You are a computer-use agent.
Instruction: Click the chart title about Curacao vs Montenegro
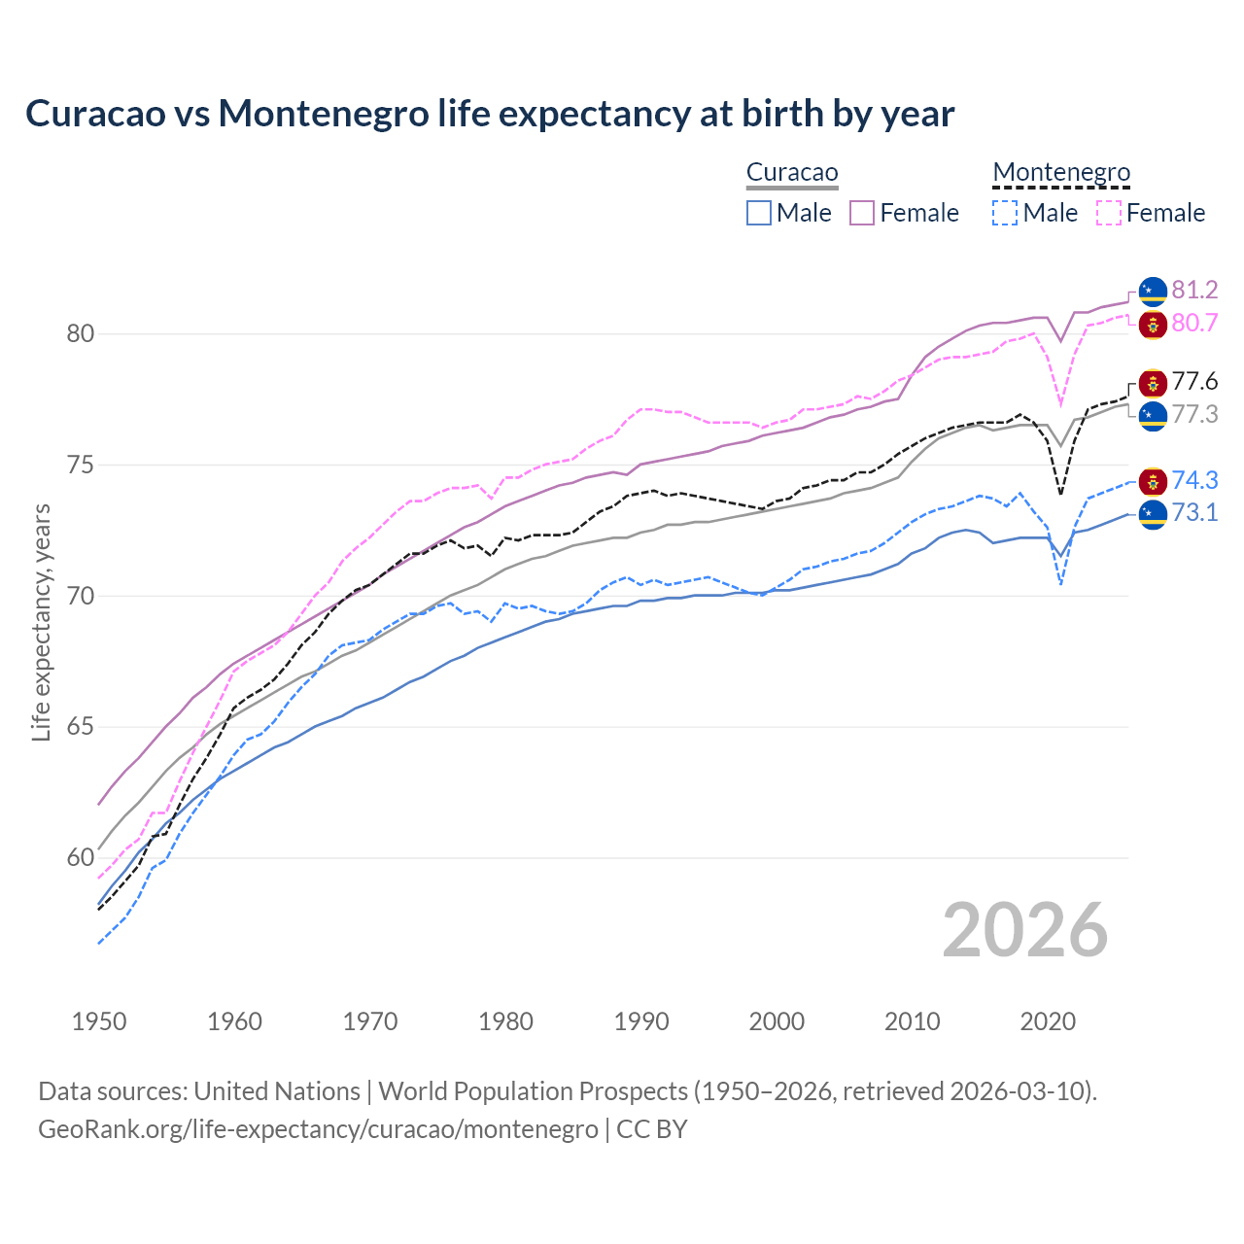tap(490, 114)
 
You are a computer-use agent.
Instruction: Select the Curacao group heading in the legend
tap(792, 172)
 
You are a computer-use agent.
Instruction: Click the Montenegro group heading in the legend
tap(1061, 172)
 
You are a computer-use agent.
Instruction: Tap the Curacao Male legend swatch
tap(759, 213)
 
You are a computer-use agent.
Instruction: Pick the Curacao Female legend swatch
tap(862, 213)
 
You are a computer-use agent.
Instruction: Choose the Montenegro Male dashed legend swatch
tap(1005, 213)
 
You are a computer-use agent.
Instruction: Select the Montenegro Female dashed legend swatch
tap(1109, 213)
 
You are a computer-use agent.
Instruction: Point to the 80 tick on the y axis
tap(81, 334)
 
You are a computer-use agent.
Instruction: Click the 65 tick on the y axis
tap(81, 727)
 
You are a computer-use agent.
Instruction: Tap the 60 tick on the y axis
tap(81, 858)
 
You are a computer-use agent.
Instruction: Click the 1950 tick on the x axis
tap(99, 1021)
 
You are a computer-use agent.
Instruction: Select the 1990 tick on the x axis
tap(641, 1021)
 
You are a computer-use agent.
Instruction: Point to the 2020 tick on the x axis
tap(1048, 1021)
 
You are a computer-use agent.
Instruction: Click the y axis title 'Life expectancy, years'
tap(41, 622)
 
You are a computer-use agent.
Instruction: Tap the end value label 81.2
tap(1194, 290)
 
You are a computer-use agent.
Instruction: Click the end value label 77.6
tap(1194, 381)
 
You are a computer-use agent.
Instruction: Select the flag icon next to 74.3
tap(1153, 480)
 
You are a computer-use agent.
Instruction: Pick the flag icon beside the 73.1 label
tap(1153, 513)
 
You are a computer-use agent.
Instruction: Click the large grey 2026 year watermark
tap(1024, 930)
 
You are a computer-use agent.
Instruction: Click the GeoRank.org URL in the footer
tap(318, 1129)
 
